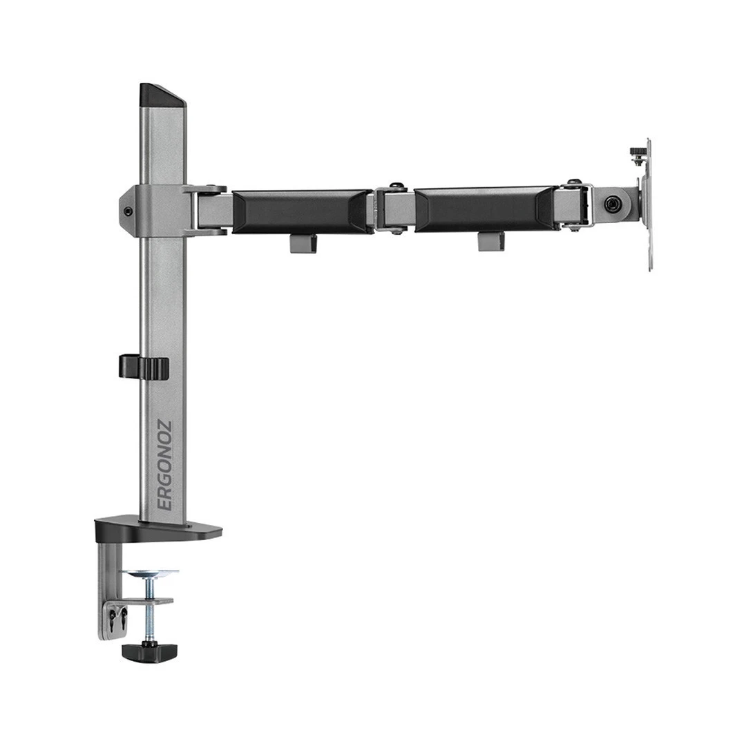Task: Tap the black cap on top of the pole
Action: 162,95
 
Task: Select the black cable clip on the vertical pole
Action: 143,367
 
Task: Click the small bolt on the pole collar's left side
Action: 127,212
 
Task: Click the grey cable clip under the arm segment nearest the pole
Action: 303,243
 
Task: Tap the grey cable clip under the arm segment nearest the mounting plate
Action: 490,240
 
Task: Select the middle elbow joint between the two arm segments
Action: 394,208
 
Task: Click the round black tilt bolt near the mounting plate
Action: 611,204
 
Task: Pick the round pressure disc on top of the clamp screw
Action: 149,573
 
